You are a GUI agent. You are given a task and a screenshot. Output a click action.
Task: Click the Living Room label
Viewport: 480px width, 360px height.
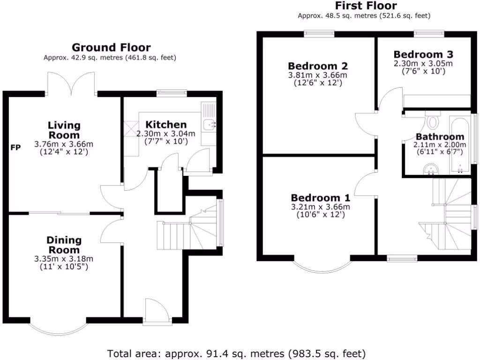(x=64, y=130)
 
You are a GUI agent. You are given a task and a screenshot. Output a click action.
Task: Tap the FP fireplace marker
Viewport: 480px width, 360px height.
(x=16, y=148)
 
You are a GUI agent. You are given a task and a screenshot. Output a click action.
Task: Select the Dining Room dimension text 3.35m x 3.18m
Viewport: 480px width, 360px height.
(x=64, y=259)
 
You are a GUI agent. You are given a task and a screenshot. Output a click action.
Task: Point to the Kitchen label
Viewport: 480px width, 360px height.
(x=166, y=125)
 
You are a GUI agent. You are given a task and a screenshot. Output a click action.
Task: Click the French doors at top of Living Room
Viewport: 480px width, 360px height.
(x=72, y=85)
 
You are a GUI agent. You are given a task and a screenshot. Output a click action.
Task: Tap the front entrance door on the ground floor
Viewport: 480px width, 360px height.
(x=157, y=312)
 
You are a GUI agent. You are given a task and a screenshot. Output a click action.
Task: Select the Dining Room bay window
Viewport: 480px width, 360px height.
(x=58, y=329)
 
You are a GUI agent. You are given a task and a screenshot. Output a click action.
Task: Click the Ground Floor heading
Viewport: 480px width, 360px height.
(x=111, y=47)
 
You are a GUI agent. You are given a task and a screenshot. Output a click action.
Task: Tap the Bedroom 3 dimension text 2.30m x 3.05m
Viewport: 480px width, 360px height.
(x=424, y=63)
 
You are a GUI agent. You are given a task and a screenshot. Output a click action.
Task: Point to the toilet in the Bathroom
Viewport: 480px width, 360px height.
(x=433, y=121)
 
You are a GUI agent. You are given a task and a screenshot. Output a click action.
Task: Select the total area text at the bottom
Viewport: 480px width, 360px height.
(x=236, y=353)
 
